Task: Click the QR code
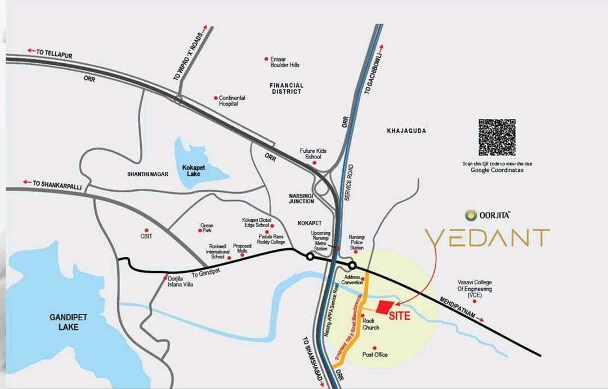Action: tap(497, 138)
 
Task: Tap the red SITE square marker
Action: tap(385, 307)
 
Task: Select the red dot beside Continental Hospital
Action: tap(216, 98)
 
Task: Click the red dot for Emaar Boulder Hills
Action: tap(266, 59)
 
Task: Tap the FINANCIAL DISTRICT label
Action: tap(287, 89)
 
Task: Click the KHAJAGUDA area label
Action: tap(406, 131)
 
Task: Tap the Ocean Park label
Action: tap(207, 228)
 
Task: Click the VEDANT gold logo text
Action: tap(486, 238)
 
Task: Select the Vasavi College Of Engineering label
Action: tap(475, 289)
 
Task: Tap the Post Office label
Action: tap(375, 355)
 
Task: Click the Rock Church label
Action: tap(371, 324)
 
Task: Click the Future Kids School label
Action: tap(314, 153)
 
